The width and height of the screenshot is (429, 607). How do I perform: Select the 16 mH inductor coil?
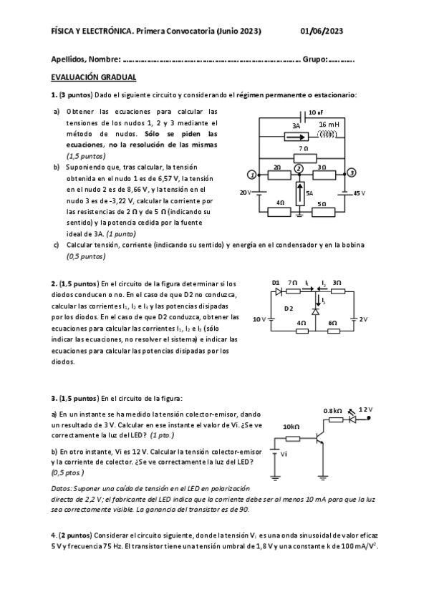point(328,133)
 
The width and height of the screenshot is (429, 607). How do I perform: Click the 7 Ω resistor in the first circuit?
point(304,156)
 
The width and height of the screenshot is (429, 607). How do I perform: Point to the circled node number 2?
point(299,167)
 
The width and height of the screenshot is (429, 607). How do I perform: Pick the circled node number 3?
point(351,173)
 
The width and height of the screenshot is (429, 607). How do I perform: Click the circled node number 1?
point(251,175)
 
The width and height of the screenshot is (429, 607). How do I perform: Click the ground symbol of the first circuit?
point(299,213)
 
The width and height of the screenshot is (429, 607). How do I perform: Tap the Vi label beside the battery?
point(284,453)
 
